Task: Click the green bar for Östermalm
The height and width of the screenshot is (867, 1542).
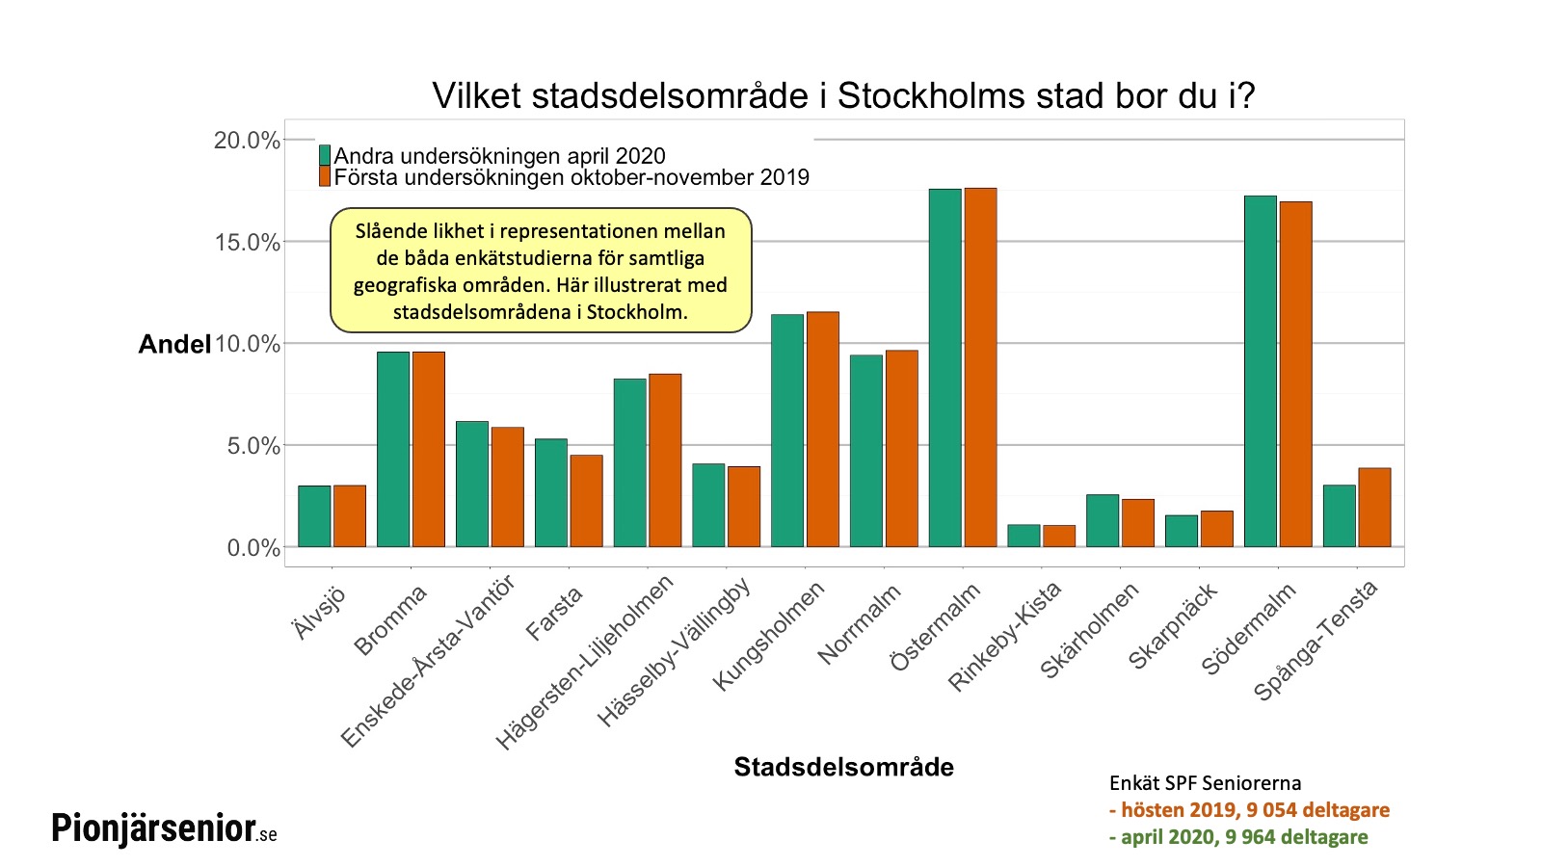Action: [x=944, y=368]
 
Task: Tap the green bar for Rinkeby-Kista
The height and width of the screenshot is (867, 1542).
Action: [x=1024, y=536]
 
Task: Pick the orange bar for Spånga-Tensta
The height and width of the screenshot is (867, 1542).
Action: [x=1374, y=508]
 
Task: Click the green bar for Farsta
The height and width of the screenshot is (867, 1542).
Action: [x=551, y=493]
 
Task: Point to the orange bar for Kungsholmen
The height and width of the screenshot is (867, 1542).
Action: [x=823, y=430]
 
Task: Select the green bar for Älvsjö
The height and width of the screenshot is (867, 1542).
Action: [x=314, y=516]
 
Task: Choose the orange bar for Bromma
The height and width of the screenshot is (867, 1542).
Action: [x=429, y=450]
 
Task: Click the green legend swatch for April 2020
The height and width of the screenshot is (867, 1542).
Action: [x=325, y=155]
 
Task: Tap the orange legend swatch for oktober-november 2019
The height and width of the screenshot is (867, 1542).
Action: [x=325, y=176]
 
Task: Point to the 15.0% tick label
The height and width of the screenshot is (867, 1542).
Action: [x=247, y=242]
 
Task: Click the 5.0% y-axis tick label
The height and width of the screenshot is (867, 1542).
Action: [x=253, y=446]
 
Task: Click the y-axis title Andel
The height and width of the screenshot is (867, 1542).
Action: [x=174, y=344]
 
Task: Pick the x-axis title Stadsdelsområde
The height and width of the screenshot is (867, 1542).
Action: [x=843, y=767]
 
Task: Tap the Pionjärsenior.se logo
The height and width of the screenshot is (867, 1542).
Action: [x=164, y=828]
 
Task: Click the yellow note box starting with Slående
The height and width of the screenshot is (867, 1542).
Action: [x=540, y=271]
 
